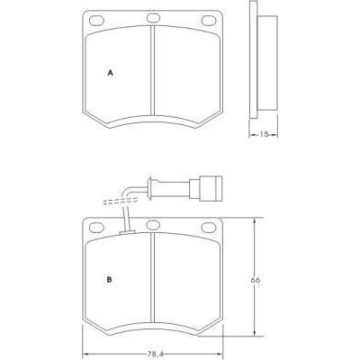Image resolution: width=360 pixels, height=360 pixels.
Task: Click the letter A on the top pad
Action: (111, 73)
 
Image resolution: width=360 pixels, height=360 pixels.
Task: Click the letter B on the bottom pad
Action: (110, 280)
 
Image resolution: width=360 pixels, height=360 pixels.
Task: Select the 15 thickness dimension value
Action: (264, 134)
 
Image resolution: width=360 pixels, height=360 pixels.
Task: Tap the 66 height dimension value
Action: (255, 280)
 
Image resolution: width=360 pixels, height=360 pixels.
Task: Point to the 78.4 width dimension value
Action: (155, 354)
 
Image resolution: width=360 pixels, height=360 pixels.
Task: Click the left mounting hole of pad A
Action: (96, 21)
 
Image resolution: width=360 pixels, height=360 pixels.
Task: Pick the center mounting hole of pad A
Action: (153, 18)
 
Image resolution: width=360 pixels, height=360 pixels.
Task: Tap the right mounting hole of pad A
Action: (209, 21)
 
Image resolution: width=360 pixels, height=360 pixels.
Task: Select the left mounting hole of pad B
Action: (96, 228)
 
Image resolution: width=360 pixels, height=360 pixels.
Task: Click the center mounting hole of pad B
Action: (153, 225)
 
